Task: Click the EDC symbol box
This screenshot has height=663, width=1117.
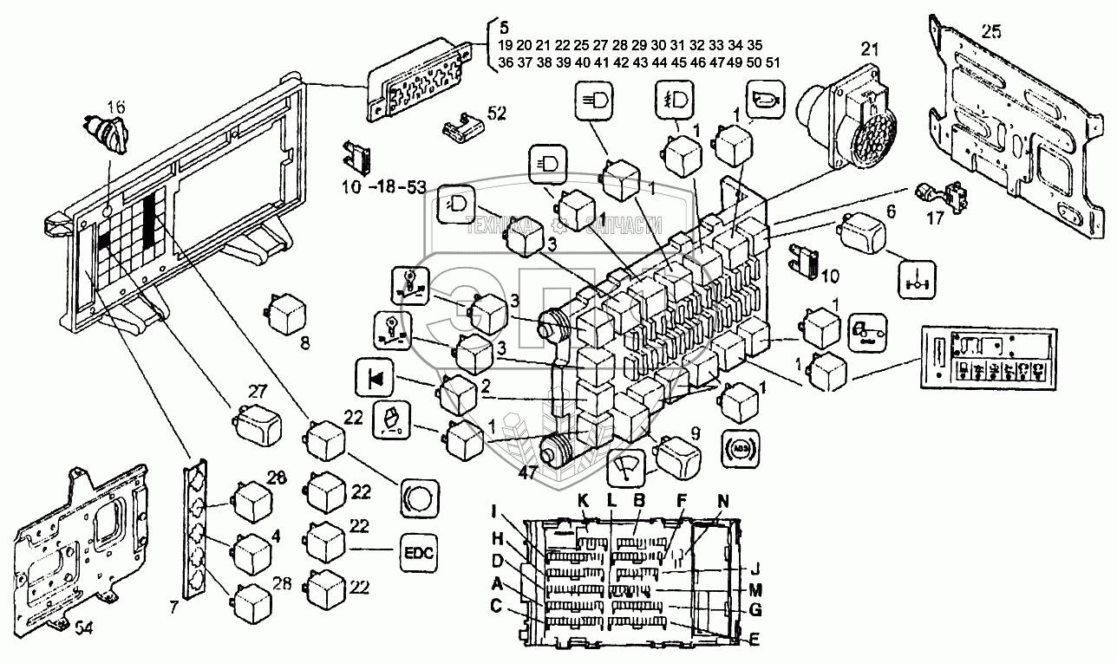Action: tap(419, 552)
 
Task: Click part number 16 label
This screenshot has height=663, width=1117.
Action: tap(116, 107)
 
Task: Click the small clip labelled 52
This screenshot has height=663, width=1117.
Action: tap(461, 127)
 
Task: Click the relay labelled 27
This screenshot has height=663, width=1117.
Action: tap(256, 422)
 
